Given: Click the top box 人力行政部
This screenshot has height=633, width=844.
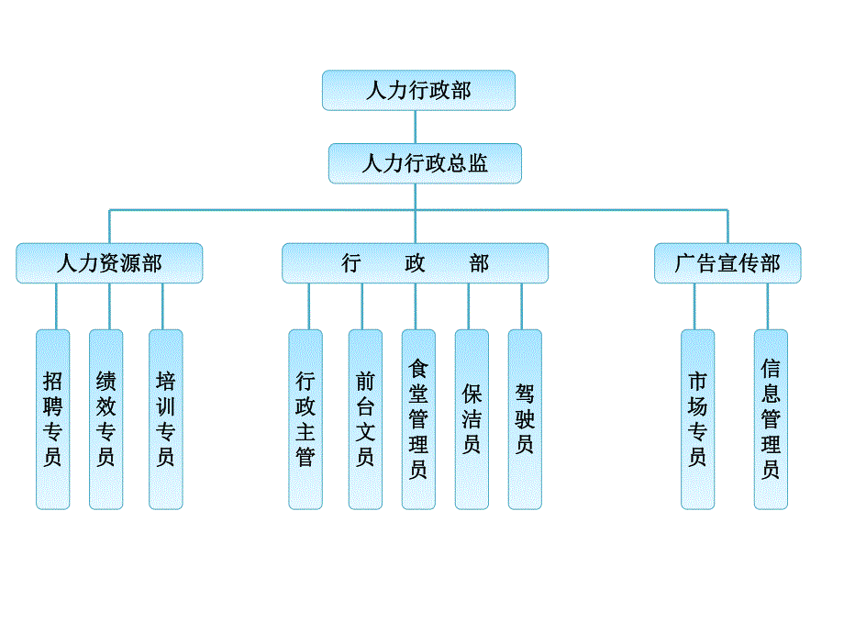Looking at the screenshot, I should (x=418, y=90).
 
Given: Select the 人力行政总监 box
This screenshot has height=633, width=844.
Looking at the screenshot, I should (x=425, y=163).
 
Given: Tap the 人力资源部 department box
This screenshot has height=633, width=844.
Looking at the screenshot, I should (x=109, y=263).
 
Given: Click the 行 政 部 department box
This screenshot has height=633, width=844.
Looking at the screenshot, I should (x=415, y=263).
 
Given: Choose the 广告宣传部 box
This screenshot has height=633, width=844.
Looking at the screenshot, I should (x=727, y=263).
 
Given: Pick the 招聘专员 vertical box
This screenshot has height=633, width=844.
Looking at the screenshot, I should (x=53, y=419).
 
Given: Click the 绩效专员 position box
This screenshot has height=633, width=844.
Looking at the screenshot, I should (x=105, y=419).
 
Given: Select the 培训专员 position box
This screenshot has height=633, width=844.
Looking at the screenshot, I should (x=165, y=419).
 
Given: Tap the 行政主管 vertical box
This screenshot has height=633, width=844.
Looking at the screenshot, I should (x=305, y=419).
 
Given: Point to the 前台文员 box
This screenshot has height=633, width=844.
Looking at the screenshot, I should (x=365, y=419).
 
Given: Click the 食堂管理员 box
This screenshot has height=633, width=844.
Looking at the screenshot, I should (x=418, y=419).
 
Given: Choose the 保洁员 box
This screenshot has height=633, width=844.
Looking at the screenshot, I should (x=472, y=419).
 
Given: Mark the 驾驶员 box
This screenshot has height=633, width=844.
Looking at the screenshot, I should (x=525, y=419).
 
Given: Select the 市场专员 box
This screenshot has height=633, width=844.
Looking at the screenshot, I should (x=697, y=419).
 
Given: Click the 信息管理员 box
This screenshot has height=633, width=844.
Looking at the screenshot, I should (x=771, y=419).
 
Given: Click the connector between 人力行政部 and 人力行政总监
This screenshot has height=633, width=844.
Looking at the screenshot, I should (x=416, y=127).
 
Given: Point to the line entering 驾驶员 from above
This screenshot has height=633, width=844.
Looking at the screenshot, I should (x=522, y=306).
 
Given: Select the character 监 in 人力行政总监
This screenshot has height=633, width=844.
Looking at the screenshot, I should (x=478, y=164).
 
